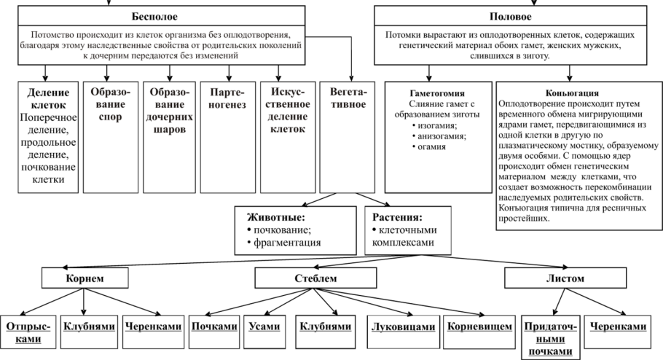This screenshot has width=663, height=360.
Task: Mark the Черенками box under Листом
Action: click(619, 327)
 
